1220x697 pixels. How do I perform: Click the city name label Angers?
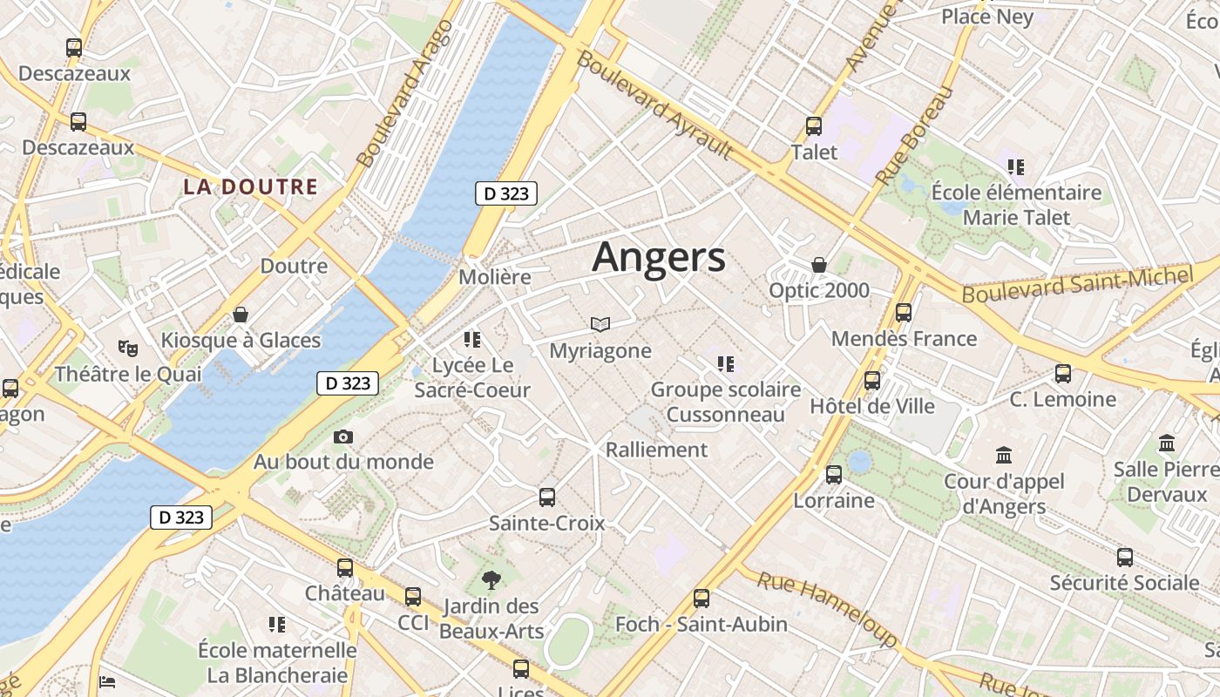(x=659, y=258)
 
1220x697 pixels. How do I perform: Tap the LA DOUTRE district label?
(x=250, y=186)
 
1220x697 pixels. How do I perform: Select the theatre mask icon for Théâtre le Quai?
(x=128, y=348)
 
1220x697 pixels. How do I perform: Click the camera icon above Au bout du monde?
(x=343, y=436)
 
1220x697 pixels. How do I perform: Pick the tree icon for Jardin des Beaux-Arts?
(x=491, y=580)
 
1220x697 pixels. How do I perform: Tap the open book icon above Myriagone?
(x=600, y=325)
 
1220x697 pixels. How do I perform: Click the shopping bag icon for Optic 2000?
(x=819, y=264)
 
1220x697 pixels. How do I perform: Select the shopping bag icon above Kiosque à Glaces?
(x=241, y=315)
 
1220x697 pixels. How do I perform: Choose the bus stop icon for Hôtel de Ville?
(x=872, y=381)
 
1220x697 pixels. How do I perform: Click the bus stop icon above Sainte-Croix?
(x=547, y=497)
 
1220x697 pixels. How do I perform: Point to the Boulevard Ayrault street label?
(x=654, y=105)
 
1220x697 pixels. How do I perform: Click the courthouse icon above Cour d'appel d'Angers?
(x=1004, y=455)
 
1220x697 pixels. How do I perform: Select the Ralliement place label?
(x=656, y=450)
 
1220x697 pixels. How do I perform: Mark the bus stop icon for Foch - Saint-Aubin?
(x=701, y=599)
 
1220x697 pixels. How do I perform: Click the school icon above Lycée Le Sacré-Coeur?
(x=472, y=339)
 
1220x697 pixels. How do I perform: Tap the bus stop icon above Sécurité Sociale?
(x=1125, y=558)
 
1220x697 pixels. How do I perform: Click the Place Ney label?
(x=987, y=17)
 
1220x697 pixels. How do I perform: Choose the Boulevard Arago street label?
(x=405, y=93)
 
